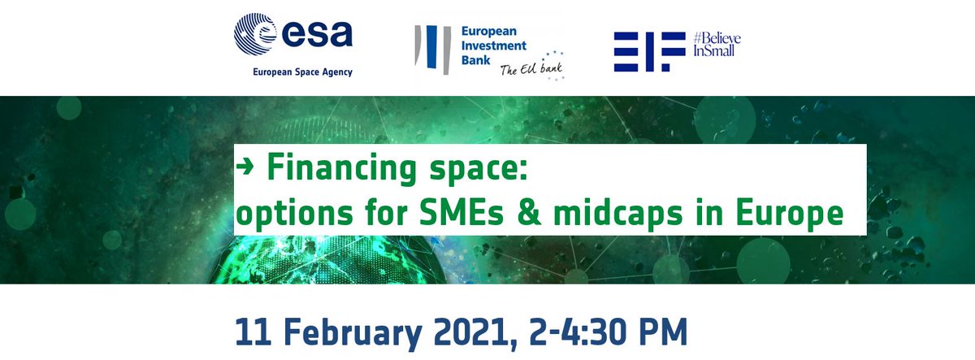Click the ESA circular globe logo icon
coord(258,37)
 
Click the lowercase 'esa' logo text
coord(318,36)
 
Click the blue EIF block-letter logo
coord(644,52)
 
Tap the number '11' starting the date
coord(252,332)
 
